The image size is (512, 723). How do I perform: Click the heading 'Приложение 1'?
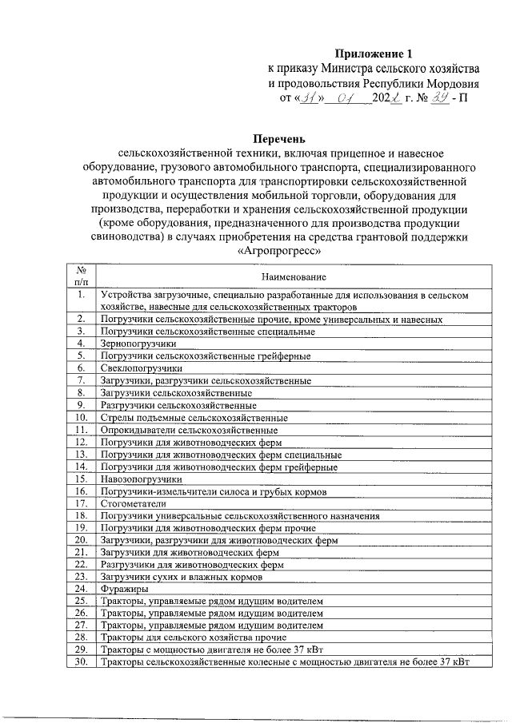pyautogui.click(x=373, y=54)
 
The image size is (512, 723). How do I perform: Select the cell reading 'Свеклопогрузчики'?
pyautogui.click(x=141, y=368)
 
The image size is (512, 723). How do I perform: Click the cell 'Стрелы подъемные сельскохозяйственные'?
pyautogui.click(x=194, y=417)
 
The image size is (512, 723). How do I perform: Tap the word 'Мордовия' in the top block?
pyautogui.click(x=450, y=83)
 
